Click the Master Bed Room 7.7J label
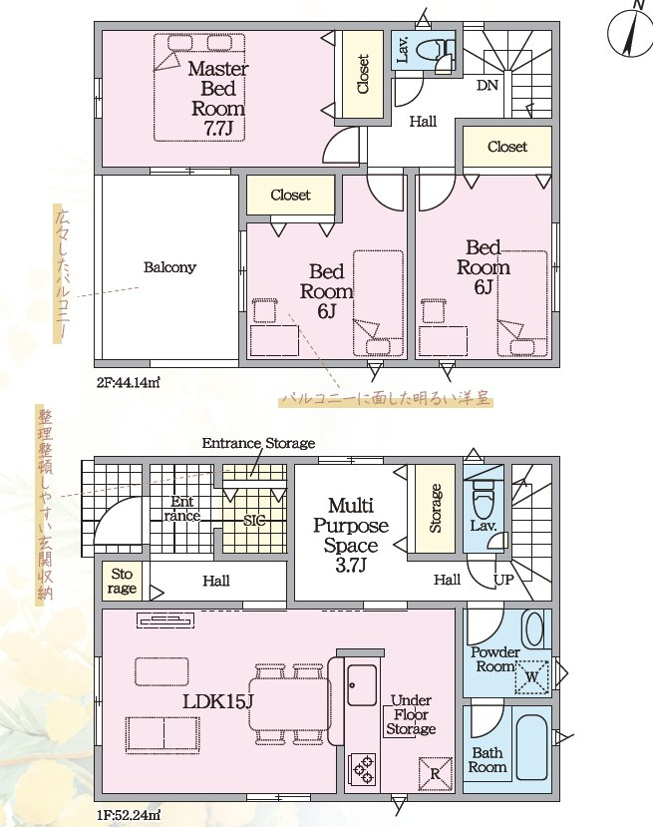(x=217, y=99)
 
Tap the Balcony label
(x=169, y=267)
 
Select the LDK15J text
(x=218, y=701)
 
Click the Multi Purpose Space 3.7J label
(x=351, y=536)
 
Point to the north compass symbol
(x=630, y=32)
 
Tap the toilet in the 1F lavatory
(x=483, y=500)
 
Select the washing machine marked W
(x=531, y=676)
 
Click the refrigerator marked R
(x=436, y=774)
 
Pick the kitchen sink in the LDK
(x=362, y=685)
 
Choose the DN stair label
(x=488, y=85)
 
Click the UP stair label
(x=503, y=581)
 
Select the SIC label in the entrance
(x=254, y=521)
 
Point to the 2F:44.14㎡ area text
(x=128, y=382)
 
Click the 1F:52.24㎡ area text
(x=128, y=815)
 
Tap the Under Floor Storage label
(x=411, y=714)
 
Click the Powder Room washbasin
(x=533, y=628)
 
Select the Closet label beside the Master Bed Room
(x=363, y=75)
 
